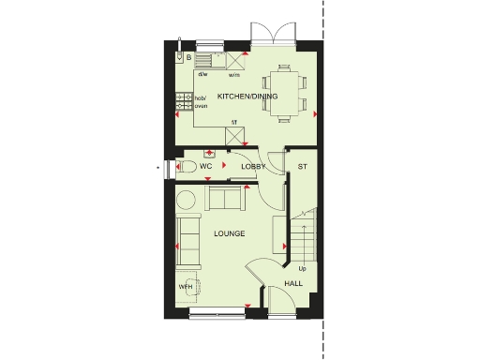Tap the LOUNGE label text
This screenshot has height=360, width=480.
pos(229,232)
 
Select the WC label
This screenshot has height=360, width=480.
pos(206,166)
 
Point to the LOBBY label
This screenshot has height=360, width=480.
pos(254,166)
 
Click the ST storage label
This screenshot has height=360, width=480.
pos(303,166)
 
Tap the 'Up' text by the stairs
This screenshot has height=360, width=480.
pos(302,268)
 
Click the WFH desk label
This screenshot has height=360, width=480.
pos(185,286)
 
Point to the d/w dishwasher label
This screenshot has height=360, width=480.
pos(202,73)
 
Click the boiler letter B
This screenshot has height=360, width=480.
pos(188,58)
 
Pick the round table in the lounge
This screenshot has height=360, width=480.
pos(186,199)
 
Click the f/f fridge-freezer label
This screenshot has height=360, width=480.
pos(234,122)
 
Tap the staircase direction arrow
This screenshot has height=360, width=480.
pos(304,225)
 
